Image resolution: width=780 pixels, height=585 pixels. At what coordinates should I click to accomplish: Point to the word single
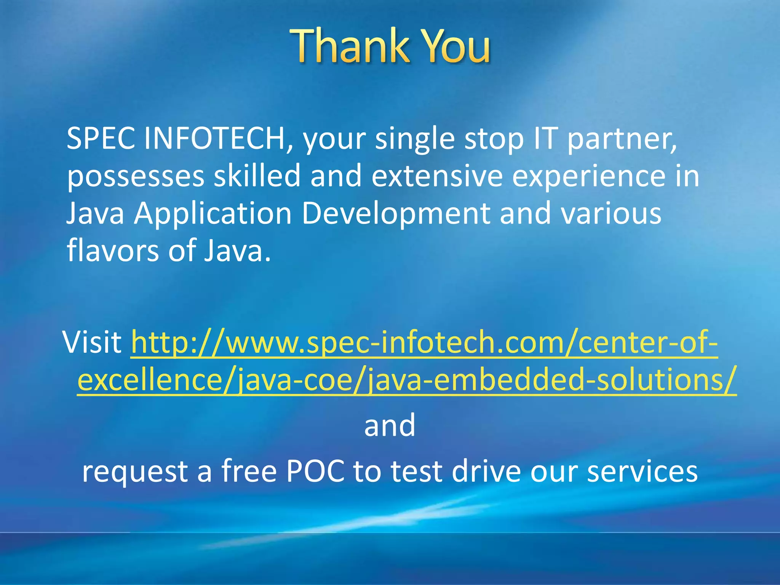click(415, 139)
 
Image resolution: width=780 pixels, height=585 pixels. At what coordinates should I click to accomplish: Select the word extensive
click(437, 176)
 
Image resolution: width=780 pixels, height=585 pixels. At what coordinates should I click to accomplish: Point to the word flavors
click(113, 250)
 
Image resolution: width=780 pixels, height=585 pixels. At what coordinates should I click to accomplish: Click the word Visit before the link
click(92, 342)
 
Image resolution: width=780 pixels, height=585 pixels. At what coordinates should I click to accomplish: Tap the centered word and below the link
click(390, 425)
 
